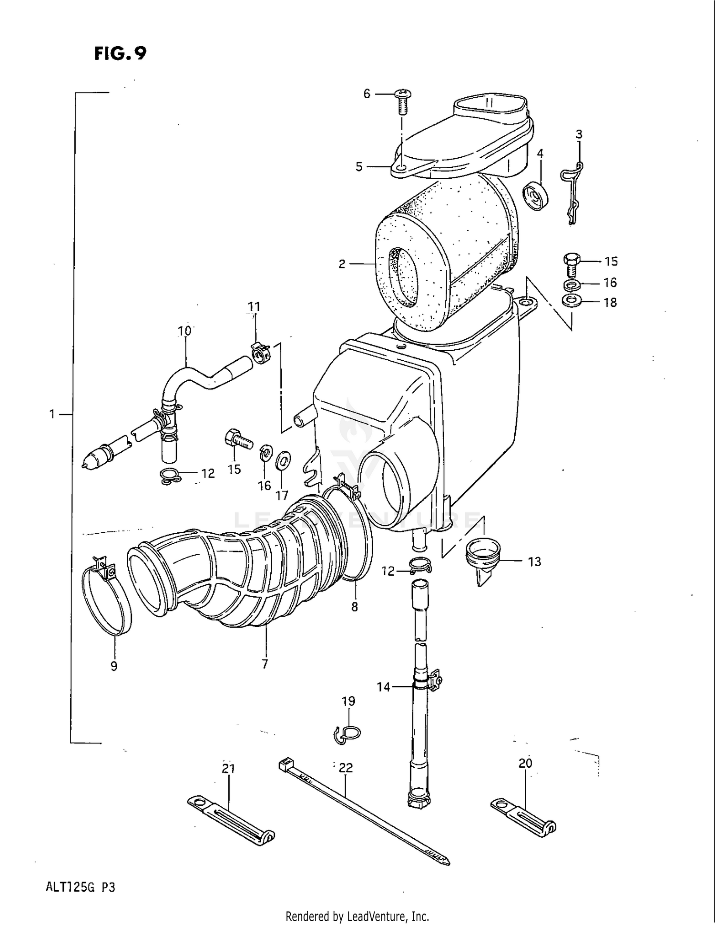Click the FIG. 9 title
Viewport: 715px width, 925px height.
[x=120, y=53]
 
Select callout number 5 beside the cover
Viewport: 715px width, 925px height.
[x=359, y=167]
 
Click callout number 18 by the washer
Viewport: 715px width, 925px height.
[x=610, y=303]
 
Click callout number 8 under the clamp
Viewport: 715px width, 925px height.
[x=354, y=607]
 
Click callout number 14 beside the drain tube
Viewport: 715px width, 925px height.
[x=383, y=687]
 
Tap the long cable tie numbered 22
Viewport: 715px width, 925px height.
[x=362, y=810]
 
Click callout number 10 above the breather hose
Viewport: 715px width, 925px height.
[x=184, y=331]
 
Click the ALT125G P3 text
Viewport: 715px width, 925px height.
[x=81, y=887]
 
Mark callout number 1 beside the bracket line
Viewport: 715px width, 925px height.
[x=52, y=415]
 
